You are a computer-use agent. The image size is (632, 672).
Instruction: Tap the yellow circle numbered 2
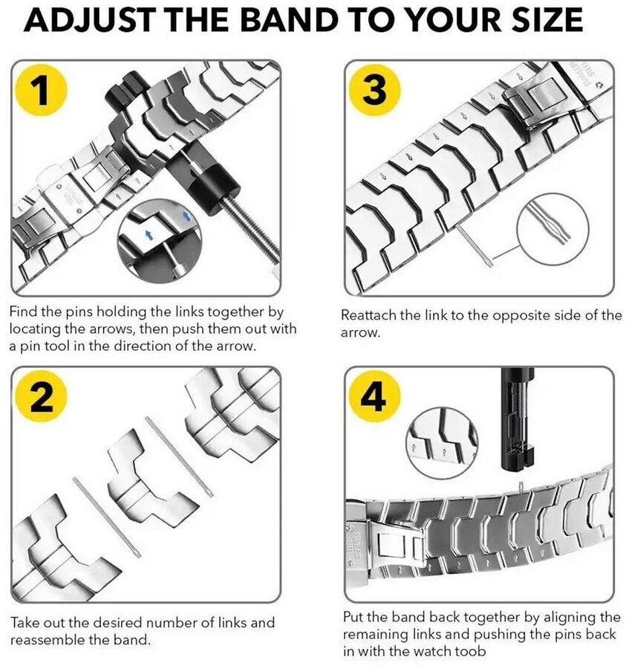(42, 400)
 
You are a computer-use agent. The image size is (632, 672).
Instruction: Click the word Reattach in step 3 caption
(369, 315)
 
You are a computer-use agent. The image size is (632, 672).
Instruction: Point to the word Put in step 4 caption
(354, 618)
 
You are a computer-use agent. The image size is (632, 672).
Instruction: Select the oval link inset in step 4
(437, 444)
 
